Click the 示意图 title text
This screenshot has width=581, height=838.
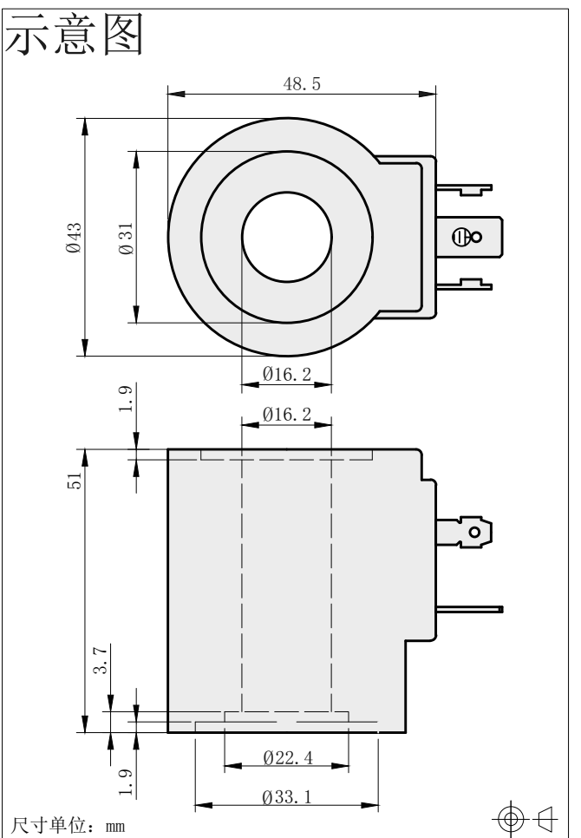[75, 35]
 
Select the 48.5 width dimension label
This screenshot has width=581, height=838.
[302, 84]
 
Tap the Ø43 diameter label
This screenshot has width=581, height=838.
[75, 238]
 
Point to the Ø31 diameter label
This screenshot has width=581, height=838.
[126, 239]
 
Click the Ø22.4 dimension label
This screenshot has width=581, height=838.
[288, 757]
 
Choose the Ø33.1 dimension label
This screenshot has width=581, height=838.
[287, 797]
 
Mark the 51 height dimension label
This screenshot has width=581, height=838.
[75, 480]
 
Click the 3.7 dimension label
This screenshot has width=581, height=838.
[101, 659]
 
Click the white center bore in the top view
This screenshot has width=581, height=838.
[287, 237]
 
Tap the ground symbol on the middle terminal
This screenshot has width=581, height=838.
[460, 236]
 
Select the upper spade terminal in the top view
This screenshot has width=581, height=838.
[464, 189]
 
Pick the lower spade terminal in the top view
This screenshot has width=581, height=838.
[464, 285]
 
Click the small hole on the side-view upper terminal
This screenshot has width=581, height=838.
[474, 533]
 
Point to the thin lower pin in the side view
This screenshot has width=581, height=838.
[469, 609]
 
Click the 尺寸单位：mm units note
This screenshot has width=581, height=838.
[68, 825]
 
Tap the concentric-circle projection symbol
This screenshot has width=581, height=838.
[510, 818]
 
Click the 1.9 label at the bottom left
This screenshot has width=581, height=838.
[126, 782]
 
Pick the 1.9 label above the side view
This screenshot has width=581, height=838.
[126, 399]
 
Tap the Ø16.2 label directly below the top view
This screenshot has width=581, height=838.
[287, 374]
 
